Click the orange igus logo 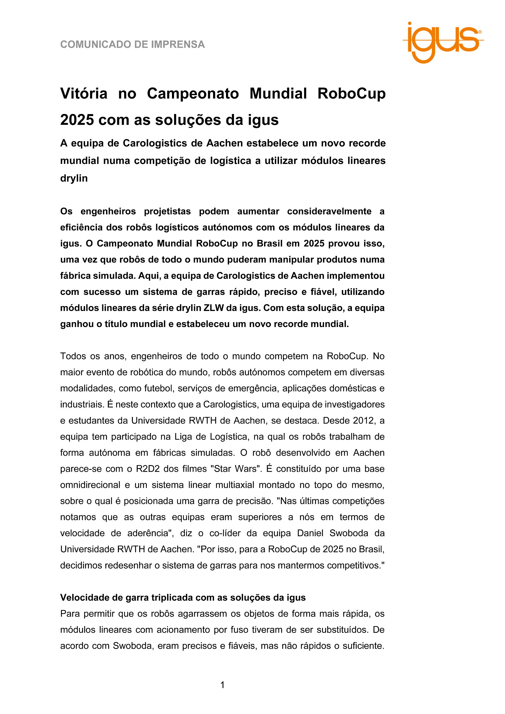[443, 42]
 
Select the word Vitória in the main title [84, 93]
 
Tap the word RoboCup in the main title [352, 93]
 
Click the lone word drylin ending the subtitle [74, 178]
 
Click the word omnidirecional [90, 485]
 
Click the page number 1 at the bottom [223, 685]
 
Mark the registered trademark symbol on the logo [480, 32]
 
